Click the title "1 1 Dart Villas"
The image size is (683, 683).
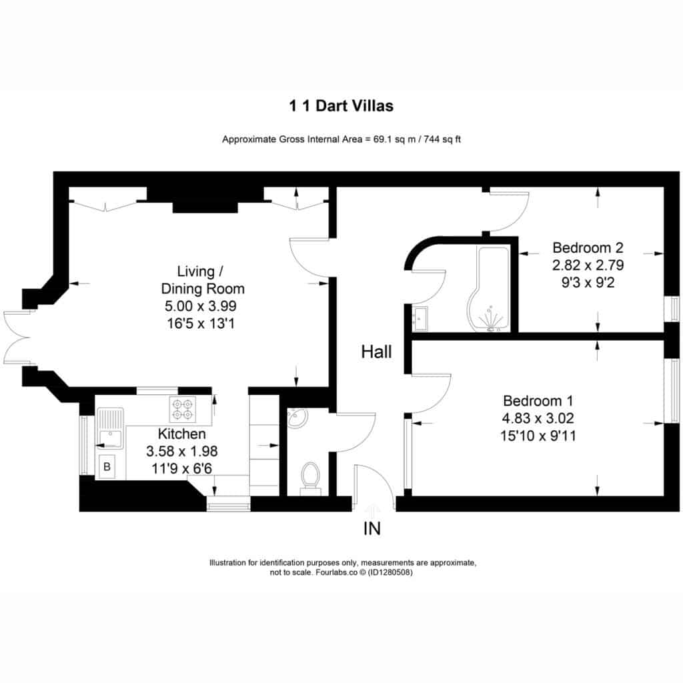point(341,106)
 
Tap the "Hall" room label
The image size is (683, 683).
point(376,352)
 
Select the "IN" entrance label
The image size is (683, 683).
point(372,528)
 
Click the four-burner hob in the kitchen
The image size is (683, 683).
point(183,410)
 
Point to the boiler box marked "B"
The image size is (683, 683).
point(106,467)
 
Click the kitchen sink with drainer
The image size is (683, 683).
point(110,428)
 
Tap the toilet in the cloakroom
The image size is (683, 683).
point(310,478)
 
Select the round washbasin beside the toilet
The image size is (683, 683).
point(297,419)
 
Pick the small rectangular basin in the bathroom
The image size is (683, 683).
point(420,319)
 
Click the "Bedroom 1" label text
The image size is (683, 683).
point(538,401)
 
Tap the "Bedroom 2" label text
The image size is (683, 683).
point(588,247)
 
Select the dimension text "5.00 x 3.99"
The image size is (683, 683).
point(200,305)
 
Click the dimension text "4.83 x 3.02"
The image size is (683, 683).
point(538,418)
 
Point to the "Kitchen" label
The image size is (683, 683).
point(181,434)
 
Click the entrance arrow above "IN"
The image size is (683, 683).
point(372,511)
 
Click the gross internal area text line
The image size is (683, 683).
point(341,139)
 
